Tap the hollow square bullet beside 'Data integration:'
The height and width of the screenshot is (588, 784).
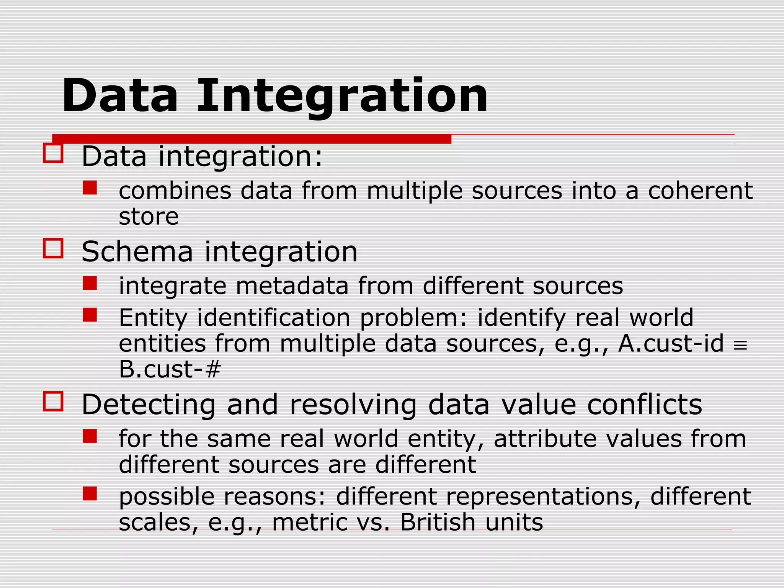(x=53, y=153)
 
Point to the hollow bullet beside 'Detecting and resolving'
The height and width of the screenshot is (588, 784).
(x=53, y=401)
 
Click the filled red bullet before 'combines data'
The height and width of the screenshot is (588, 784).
(x=90, y=188)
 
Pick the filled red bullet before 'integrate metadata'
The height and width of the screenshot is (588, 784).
(x=90, y=283)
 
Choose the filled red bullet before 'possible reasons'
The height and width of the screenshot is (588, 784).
(x=90, y=493)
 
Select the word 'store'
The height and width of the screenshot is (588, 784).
(x=149, y=217)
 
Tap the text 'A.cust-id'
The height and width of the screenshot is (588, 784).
(x=671, y=343)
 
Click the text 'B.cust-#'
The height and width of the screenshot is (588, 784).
(x=170, y=369)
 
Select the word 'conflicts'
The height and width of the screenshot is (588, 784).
(x=645, y=405)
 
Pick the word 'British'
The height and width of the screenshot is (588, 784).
(x=437, y=522)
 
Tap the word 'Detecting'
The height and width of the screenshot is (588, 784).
(x=149, y=405)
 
